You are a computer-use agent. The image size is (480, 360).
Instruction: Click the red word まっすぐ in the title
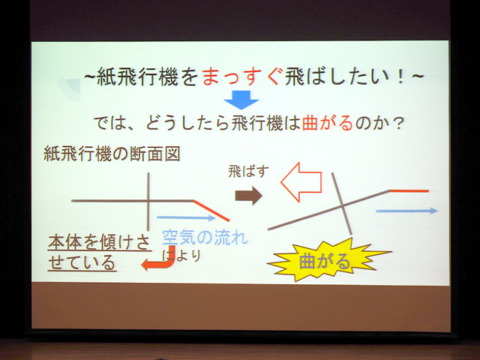click(x=241, y=76)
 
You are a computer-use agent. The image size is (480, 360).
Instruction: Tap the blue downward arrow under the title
click(x=241, y=100)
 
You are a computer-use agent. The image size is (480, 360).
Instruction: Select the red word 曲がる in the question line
click(x=328, y=123)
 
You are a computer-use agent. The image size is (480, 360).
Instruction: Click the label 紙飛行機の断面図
click(x=112, y=154)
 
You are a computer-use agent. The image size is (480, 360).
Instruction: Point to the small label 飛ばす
click(x=248, y=172)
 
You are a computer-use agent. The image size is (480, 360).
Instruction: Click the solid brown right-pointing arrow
click(x=248, y=196)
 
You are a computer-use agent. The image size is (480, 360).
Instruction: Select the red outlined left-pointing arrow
click(x=301, y=182)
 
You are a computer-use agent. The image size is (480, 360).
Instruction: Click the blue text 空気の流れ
click(x=205, y=237)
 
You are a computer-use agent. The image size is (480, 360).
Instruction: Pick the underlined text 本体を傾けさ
click(x=99, y=242)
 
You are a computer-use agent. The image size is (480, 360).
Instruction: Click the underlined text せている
click(x=82, y=262)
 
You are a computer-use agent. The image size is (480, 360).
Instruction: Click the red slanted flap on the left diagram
click(x=211, y=211)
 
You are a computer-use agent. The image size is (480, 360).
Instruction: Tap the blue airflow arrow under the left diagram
click(x=186, y=218)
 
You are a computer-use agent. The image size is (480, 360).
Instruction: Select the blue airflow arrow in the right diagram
click(x=406, y=211)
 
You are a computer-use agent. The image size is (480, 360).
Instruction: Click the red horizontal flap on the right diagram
click(x=409, y=191)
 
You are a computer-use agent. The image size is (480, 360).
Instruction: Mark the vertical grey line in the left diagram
click(x=148, y=202)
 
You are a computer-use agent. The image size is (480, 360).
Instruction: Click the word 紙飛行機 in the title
click(x=138, y=76)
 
